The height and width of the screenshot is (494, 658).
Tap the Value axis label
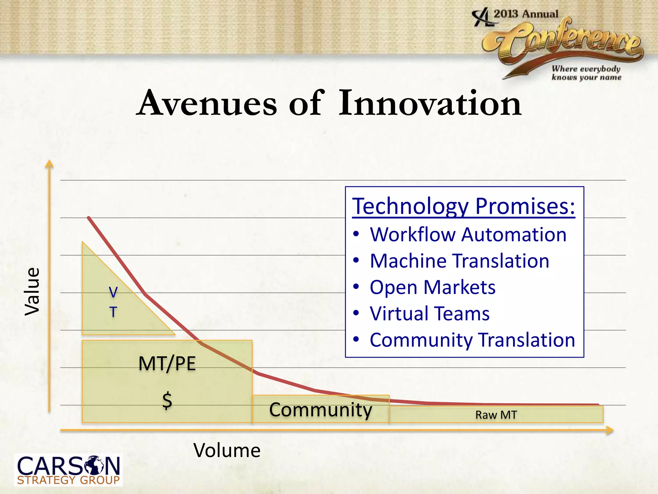pos(32,292)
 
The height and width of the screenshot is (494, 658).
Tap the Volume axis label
pos(227,450)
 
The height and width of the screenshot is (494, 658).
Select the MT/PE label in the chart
pos(167,364)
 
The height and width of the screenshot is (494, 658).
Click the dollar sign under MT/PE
pos(167,401)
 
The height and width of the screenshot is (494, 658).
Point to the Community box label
pos(320,410)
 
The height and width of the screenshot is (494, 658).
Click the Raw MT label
pos(496,415)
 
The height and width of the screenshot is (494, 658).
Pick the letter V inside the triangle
pos(113,292)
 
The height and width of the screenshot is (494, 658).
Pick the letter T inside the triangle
pos(113,312)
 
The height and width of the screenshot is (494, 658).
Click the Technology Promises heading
pos(464,206)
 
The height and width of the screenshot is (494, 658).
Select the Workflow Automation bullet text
pos(468,234)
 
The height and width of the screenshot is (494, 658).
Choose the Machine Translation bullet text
pos(459,261)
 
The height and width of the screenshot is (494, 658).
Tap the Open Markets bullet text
pos(432,287)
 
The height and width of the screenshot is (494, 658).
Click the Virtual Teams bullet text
pos(430,314)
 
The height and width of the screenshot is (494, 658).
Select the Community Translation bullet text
pos(472,340)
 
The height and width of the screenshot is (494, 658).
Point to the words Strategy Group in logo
pos(68,480)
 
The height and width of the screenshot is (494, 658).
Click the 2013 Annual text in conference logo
pos(526,14)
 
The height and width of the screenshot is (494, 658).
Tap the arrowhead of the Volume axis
pos(609,430)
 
